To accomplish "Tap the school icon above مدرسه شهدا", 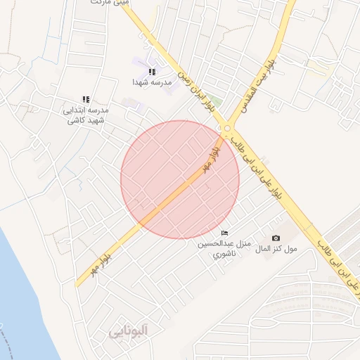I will point(152,72).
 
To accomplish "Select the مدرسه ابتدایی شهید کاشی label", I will point(86,115).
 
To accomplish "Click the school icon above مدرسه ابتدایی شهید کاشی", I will point(86,100).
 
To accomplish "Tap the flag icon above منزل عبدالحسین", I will point(224,233).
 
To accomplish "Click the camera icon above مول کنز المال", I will point(276,238).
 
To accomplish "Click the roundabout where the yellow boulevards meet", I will point(226,128).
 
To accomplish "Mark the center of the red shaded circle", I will point(180,179).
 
